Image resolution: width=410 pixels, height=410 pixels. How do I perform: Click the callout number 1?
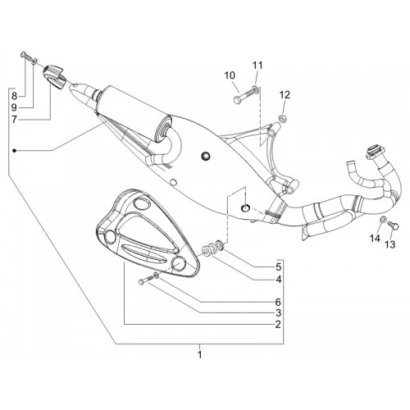point(200,355)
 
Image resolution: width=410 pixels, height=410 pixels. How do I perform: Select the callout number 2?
point(278,324)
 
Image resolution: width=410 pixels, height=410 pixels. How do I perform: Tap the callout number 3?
point(278,312)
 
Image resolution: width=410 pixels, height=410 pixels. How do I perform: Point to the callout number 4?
point(278,280)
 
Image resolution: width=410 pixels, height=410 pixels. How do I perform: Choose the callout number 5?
point(278,266)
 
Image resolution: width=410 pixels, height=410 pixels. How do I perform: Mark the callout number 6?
point(278,302)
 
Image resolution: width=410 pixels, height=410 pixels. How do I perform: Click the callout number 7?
point(14,120)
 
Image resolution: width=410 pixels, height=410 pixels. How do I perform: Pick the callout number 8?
point(14,96)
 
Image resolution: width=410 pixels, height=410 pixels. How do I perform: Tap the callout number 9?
point(14,107)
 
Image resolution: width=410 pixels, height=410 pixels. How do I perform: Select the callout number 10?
point(230,75)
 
